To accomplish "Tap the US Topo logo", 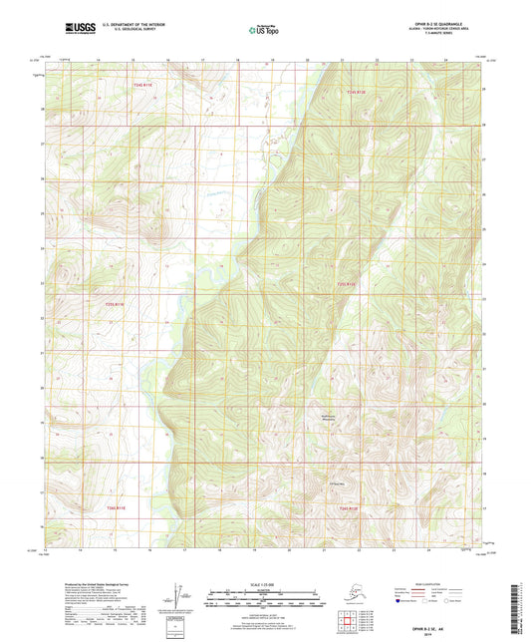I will (x=264, y=30).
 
